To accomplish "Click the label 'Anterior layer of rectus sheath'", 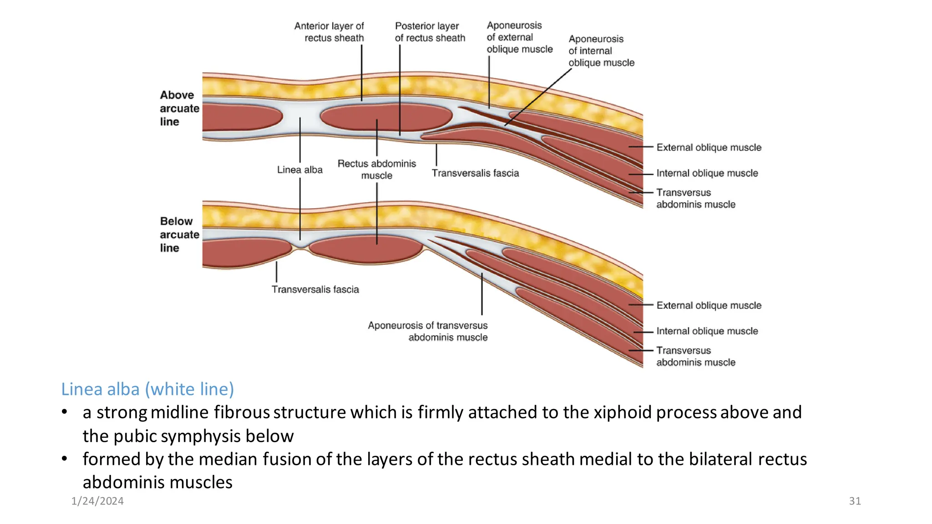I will (x=329, y=32).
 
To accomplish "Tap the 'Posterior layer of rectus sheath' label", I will (x=430, y=32).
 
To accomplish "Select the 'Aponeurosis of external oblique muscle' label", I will (x=519, y=37).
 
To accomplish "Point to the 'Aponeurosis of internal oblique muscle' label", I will (x=601, y=50).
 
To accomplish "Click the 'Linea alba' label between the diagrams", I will (x=299, y=170).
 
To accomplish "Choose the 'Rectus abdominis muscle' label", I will (x=376, y=169).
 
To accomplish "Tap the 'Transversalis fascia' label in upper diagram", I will (x=475, y=173).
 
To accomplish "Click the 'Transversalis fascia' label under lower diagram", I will (x=315, y=289).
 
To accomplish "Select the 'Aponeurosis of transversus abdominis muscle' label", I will (x=428, y=331).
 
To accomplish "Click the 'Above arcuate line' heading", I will (x=179, y=108).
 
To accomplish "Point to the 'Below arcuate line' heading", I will (x=179, y=234).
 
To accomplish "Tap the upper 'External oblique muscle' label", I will (x=709, y=147).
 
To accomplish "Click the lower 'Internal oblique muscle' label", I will (x=707, y=331).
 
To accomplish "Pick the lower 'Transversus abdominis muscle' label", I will (x=695, y=356).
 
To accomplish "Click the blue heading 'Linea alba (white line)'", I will (x=147, y=389).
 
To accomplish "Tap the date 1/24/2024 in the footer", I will (x=97, y=501).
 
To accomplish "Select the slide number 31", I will (x=855, y=501).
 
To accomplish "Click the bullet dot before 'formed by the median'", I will (x=65, y=458).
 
